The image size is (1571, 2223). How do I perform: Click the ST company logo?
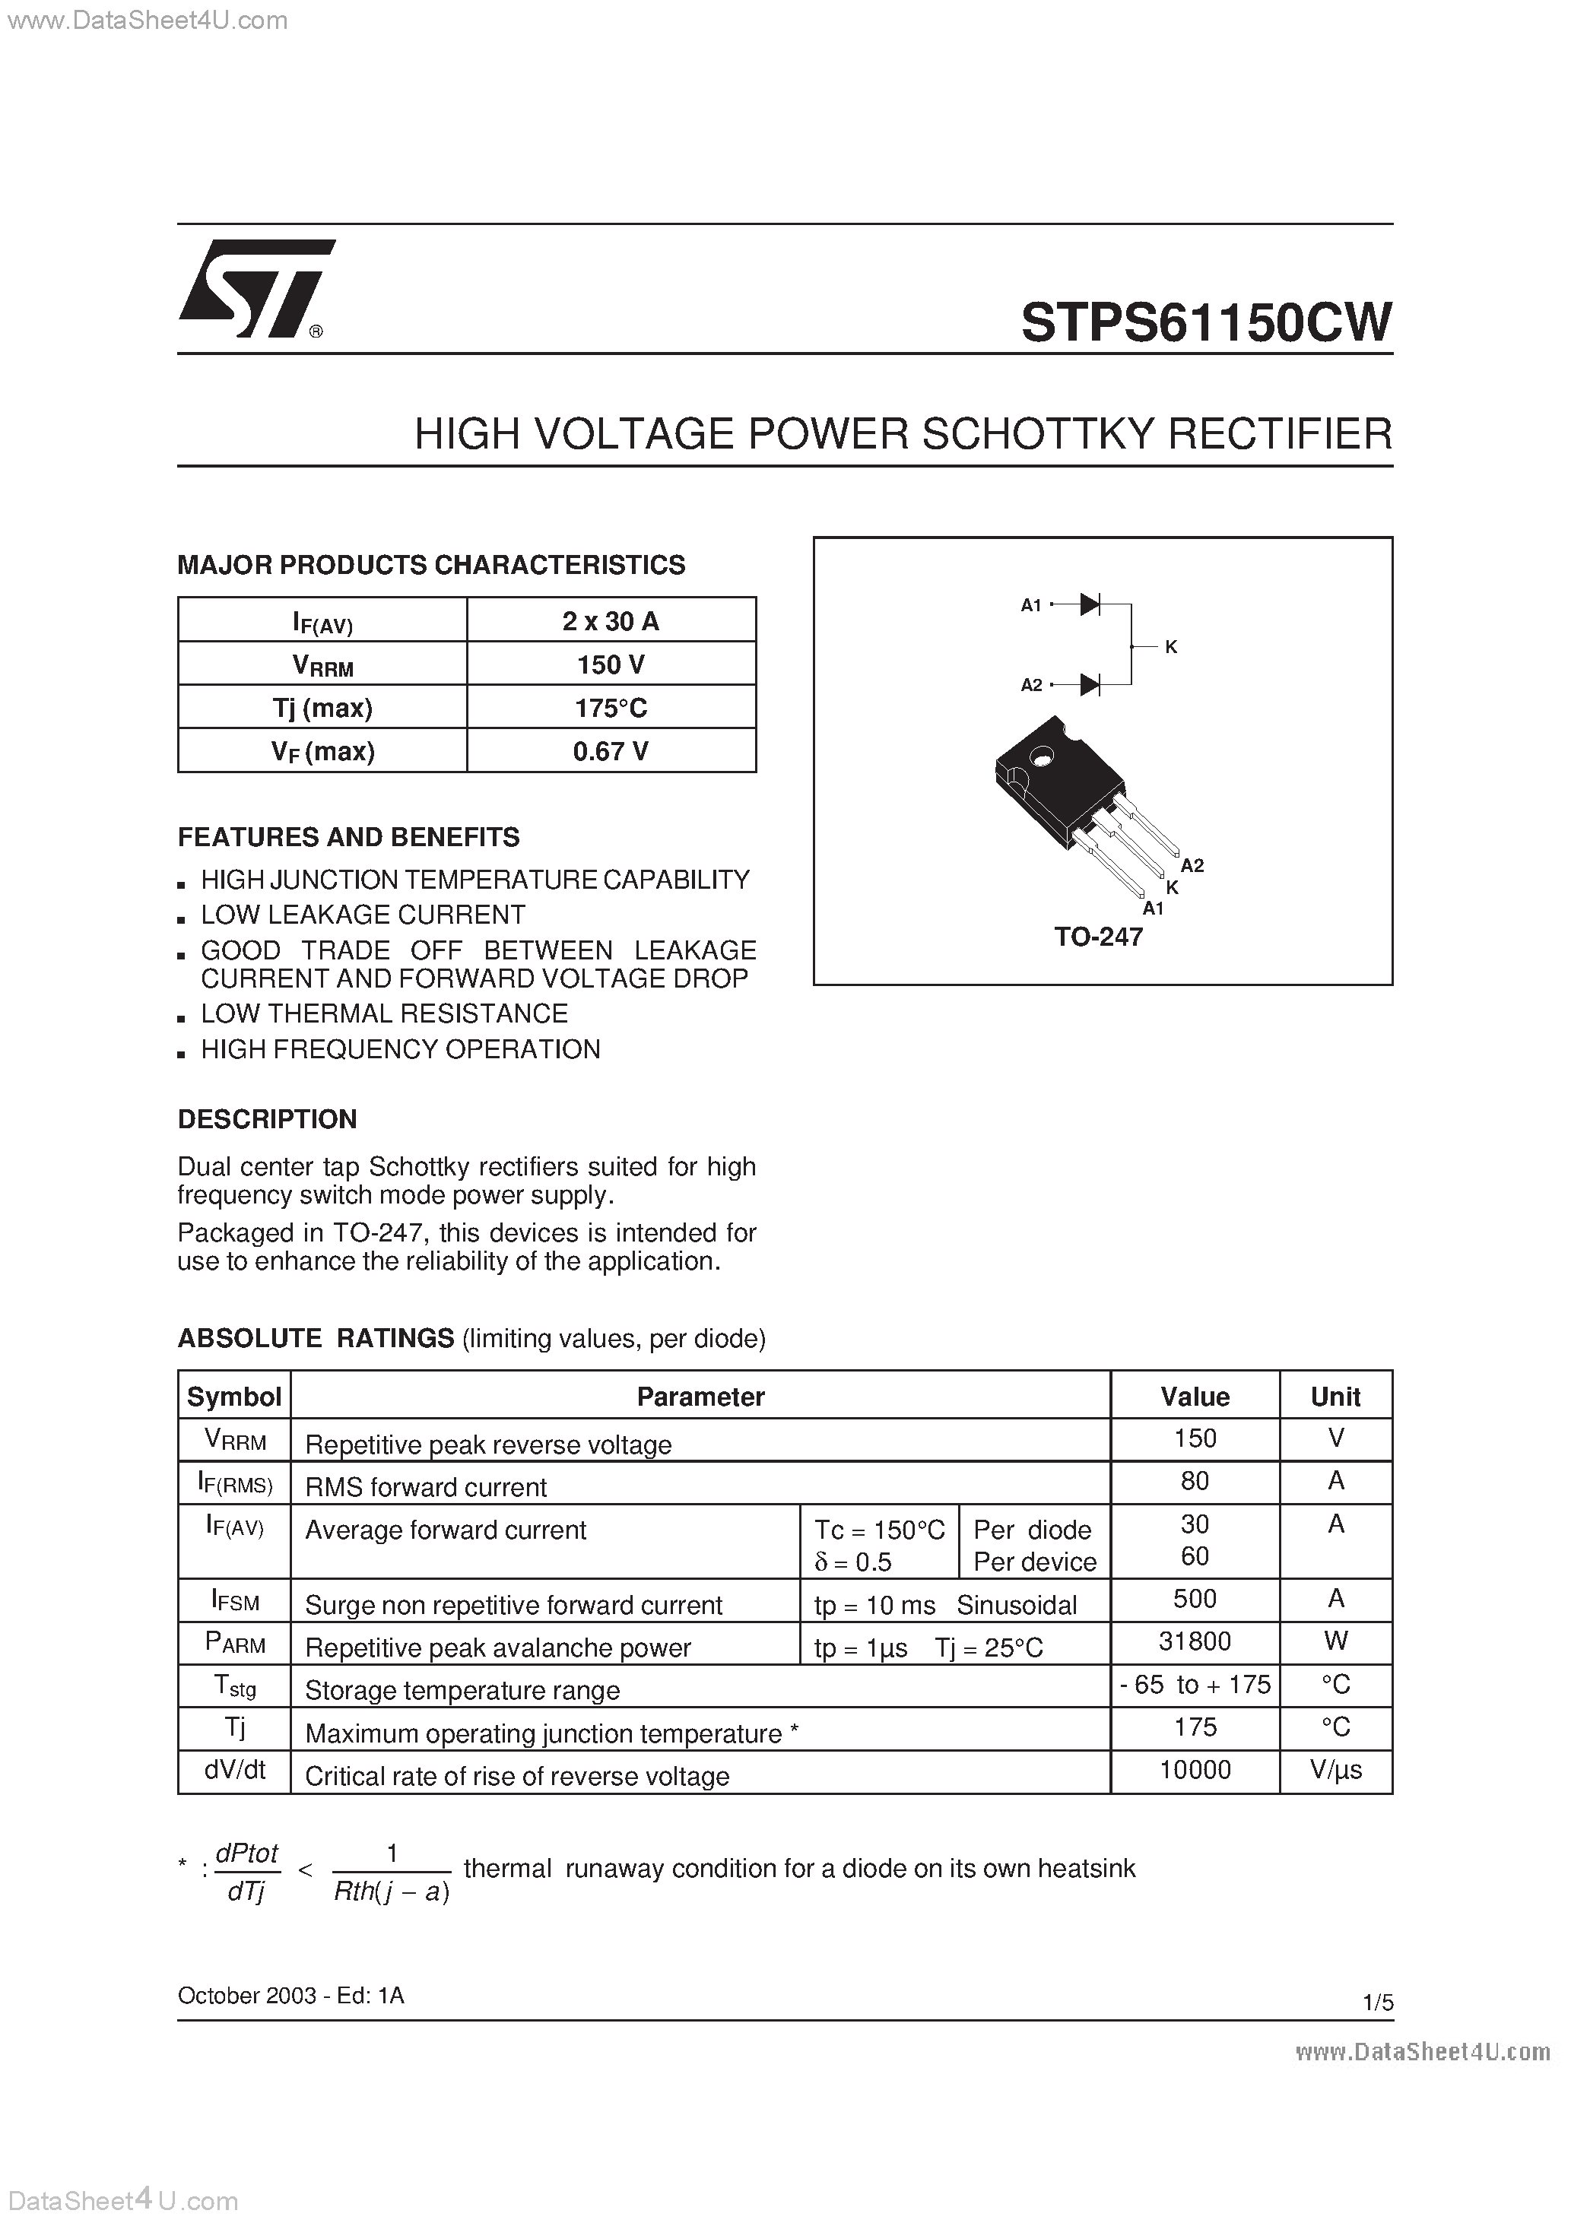click(254, 289)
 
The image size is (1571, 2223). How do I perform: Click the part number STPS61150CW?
click(1206, 322)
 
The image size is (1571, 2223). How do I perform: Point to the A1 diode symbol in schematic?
click(1090, 605)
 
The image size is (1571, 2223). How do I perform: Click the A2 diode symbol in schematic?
click(1090, 684)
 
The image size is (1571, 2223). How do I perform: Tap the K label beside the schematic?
click(1171, 647)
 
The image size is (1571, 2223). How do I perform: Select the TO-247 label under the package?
click(1098, 937)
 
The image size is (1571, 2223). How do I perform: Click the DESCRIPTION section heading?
click(268, 1119)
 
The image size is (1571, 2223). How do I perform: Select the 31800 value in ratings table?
click(1195, 1641)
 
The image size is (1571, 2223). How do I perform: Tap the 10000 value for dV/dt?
click(1195, 1770)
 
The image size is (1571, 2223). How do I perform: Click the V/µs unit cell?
click(1335, 1770)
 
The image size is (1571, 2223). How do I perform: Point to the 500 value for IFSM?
click(1195, 1599)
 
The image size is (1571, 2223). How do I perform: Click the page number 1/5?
click(1377, 2003)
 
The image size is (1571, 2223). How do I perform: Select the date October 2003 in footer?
click(247, 1996)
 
